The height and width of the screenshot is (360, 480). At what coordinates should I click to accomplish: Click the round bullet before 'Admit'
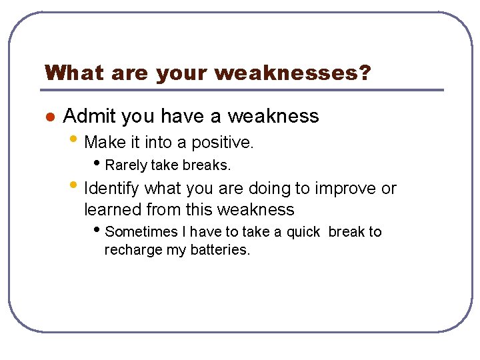(x=48, y=117)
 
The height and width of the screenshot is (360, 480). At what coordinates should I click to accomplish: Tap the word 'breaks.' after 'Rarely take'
(x=206, y=165)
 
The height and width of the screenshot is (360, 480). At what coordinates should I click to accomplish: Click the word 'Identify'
(x=112, y=189)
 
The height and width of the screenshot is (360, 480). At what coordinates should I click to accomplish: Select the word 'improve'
(x=343, y=189)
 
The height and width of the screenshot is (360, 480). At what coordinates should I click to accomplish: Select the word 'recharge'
(x=130, y=251)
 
